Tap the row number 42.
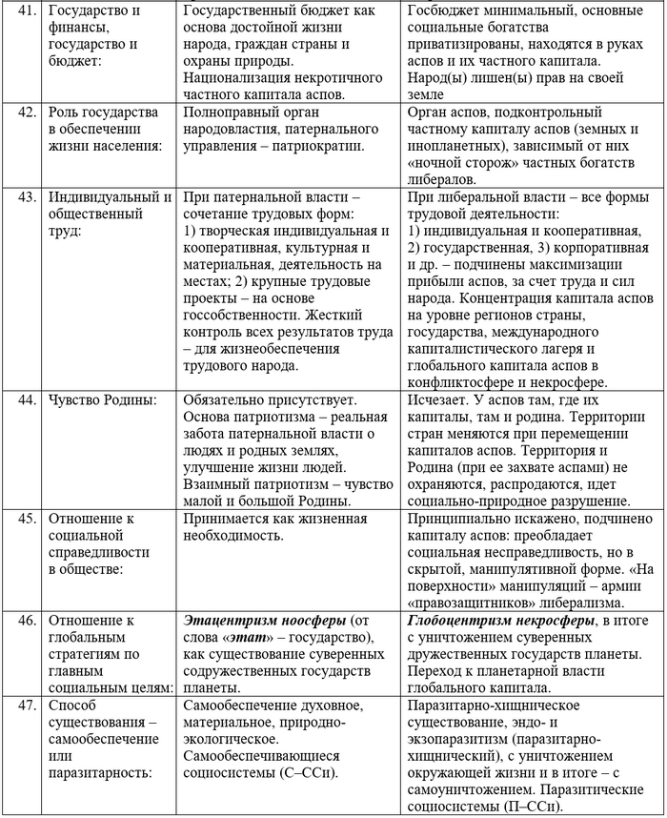pos(27,112)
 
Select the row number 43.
pos(27,197)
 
